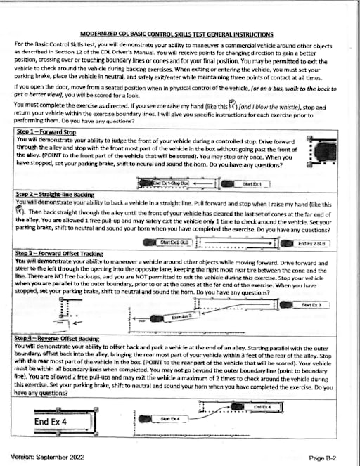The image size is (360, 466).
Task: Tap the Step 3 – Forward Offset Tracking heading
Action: click(x=64, y=252)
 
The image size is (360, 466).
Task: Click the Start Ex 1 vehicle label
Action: click(x=251, y=183)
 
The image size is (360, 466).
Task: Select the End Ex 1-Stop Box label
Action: click(x=170, y=183)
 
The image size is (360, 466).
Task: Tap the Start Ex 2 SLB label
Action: click(x=174, y=242)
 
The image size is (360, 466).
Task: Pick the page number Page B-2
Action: click(x=325, y=457)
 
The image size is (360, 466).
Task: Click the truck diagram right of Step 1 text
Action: click(x=325, y=153)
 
